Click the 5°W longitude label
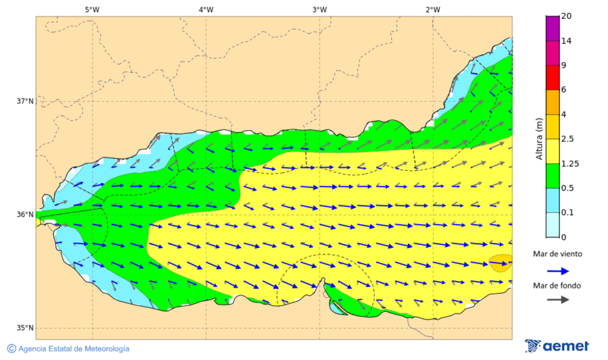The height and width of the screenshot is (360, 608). pyautogui.click(x=92, y=9)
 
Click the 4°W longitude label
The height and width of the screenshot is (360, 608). pyautogui.click(x=206, y=9)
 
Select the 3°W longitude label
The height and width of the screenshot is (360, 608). pyautogui.click(x=320, y=9)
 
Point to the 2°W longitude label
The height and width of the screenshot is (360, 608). pyautogui.click(x=433, y=9)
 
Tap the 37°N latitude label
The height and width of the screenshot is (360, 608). pyautogui.click(x=25, y=101)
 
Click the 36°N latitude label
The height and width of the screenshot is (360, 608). pyautogui.click(x=25, y=215)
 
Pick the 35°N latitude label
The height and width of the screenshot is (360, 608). pyautogui.click(x=25, y=328)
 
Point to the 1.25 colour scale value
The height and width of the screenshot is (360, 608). pyautogui.click(x=570, y=163)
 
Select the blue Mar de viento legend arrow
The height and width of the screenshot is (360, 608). pyautogui.click(x=557, y=271)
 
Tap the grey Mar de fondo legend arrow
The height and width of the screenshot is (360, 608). pyautogui.click(x=557, y=300)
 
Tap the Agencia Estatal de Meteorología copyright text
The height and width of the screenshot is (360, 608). pyautogui.click(x=68, y=349)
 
